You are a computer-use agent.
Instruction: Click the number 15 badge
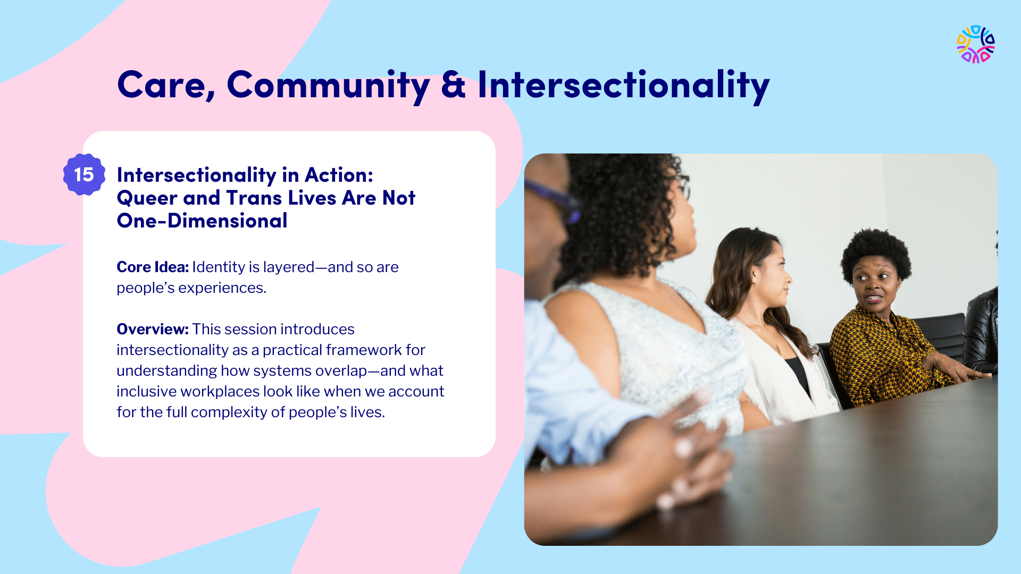click(84, 174)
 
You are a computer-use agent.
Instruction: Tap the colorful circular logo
click(976, 45)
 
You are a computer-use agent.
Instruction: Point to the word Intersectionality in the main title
click(624, 86)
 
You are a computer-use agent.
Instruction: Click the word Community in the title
click(328, 86)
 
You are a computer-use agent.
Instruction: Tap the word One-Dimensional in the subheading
click(202, 221)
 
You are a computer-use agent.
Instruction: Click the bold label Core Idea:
click(153, 267)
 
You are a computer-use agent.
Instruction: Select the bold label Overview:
click(153, 329)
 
